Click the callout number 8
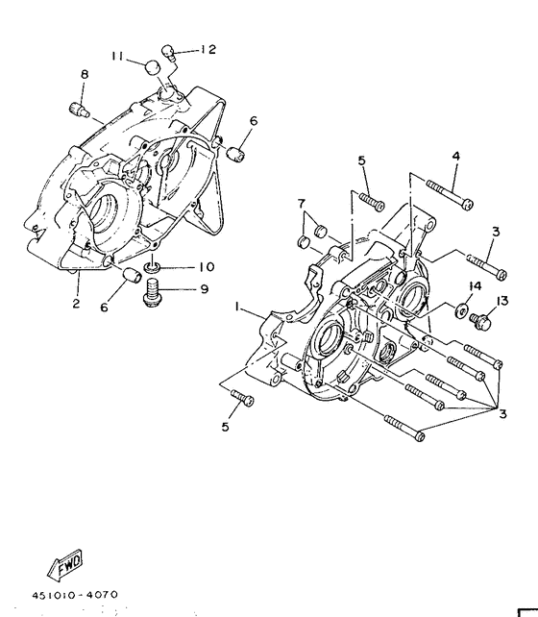tap(85, 74)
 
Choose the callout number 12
tap(208, 49)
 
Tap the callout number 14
tap(475, 286)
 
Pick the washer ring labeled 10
tap(152, 266)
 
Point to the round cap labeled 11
tap(151, 67)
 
